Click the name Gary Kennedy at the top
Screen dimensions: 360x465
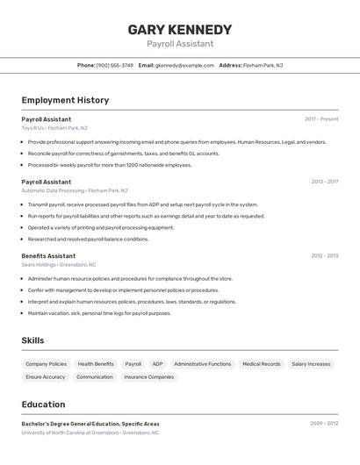tap(180, 29)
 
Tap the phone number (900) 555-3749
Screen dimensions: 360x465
tap(115, 65)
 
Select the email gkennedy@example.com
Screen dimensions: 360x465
tap(184, 65)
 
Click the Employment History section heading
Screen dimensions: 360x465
tap(65, 100)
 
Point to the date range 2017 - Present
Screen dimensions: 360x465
tap(321, 118)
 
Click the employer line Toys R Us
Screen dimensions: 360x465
tap(54, 127)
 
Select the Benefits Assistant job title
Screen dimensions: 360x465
tap(48, 256)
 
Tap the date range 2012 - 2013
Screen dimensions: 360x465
tap(324, 256)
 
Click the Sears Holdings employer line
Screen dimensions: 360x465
tap(59, 264)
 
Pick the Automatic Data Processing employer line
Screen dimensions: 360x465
tap(75, 190)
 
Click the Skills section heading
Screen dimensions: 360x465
tap(32, 340)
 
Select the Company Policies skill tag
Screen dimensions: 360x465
tap(46, 363)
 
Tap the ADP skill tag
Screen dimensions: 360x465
tap(157, 363)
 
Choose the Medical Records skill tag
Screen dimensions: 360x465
tap(261, 363)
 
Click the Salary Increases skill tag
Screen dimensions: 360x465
tap(311, 363)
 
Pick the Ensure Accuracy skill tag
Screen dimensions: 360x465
tap(46, 376)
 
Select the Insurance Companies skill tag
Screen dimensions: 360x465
tap(148, 376)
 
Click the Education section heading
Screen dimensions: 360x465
tap(43, 404)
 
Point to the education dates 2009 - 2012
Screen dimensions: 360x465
tap(323, 424)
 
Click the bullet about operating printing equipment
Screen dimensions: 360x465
tap(101, 227)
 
